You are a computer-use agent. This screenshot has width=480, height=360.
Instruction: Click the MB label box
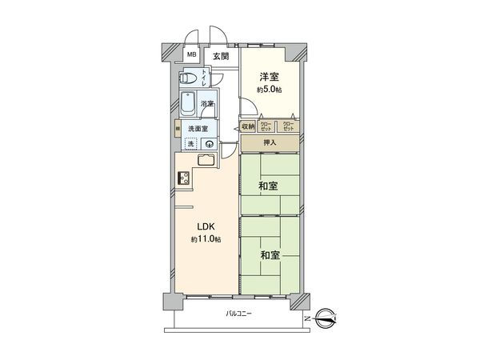pyautogui.click(x=191, y=55)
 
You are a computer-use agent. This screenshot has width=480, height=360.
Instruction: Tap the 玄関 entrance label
pyautogui.click(x=221, y=57)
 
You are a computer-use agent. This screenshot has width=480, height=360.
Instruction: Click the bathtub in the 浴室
pyautogui.click(x=186, y=104)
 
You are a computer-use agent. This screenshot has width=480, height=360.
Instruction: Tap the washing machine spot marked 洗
pyautogui.click(x=190, y=144)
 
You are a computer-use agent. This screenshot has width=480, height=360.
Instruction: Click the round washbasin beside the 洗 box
pyautogui.click(x=209, y=144)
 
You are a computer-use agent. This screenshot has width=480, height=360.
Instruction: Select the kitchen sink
pyautogui.click(x=202, y=159)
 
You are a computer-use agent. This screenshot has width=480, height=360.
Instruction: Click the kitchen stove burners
pyautogui.click(x=182, y=180)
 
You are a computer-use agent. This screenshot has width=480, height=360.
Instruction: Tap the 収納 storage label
pyautogui.click(x=248, y=126)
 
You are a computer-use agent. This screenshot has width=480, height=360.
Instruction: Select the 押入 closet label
pyautogui.click(x=270, y=143)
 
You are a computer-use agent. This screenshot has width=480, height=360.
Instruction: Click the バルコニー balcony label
pyautogui.click(x=238, y=314)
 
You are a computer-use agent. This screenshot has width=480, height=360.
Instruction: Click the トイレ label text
pyautogui.click(x=204, y=78)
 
